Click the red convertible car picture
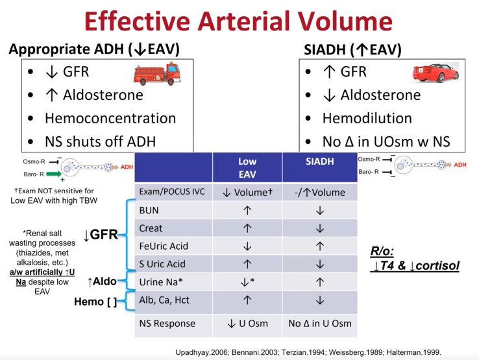[435, 73]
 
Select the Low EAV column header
[247, 167]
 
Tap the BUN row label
[151, 210]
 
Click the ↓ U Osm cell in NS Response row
[247, 323]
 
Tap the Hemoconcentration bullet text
[110, 118]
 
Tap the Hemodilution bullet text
[367, 118]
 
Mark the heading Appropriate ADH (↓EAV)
[94, 49]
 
